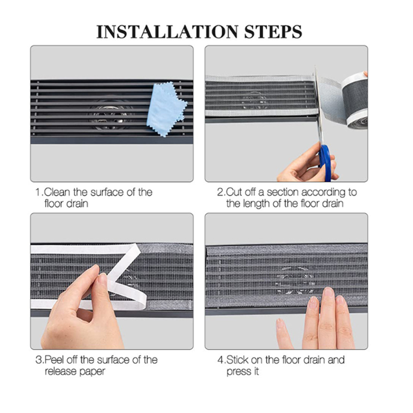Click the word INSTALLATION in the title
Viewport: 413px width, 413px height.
tap(167, 32)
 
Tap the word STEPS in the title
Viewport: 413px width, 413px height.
tap(273, 32)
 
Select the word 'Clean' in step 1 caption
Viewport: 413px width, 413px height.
tap(57, 192)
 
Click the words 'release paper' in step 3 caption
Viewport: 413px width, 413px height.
tap(75, 372)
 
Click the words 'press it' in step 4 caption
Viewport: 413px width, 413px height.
tap(243, 372)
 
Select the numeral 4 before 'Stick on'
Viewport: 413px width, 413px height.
tap(220, 360)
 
